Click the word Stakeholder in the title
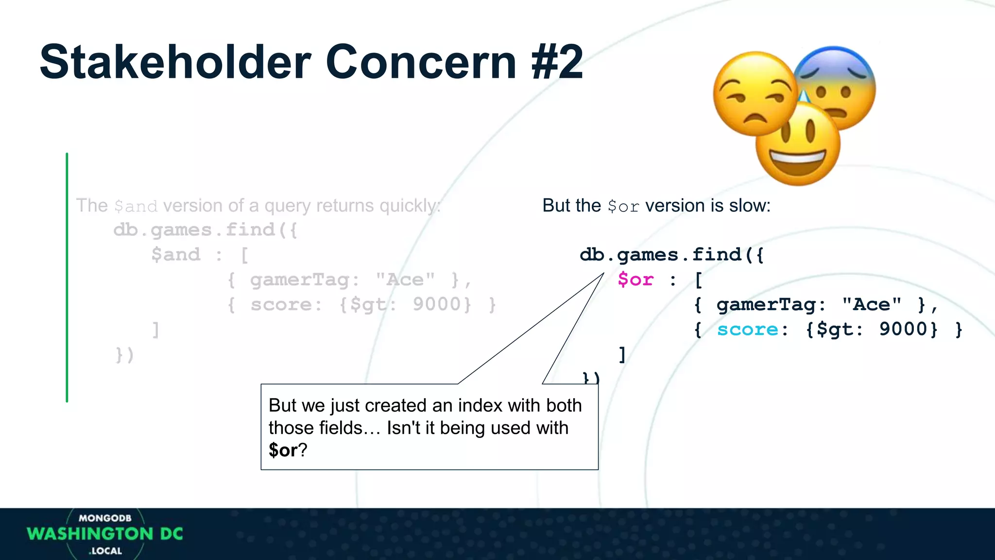tap(175, 62)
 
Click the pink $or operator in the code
tap(635, 280)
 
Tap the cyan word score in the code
tap(747, 330)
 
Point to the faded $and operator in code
tap(175, 254)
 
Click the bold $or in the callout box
tap(283, 450)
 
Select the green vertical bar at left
tap(67, 277)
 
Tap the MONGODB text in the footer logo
tap(105, 518)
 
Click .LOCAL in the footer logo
tap(105, 551)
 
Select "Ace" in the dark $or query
tap(872, 305)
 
